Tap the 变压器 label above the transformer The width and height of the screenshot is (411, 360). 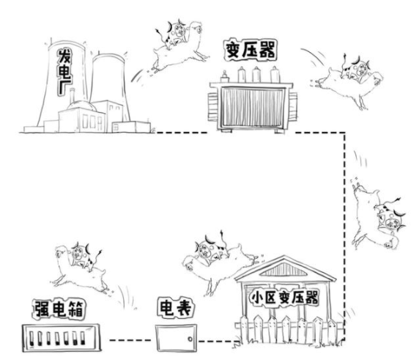click(251, 50)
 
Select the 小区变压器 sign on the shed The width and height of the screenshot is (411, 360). click(284, 298)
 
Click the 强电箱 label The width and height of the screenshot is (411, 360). click(59, 309)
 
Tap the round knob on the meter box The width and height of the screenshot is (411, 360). click(190, 339)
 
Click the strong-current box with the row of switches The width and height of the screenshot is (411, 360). click(62, 338)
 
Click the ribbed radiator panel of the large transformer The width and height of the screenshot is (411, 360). click(252, 106)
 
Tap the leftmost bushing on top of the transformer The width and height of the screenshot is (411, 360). click(224, 76)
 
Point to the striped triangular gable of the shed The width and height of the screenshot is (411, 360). click(283, 269)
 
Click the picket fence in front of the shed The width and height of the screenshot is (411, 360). click(289, 329)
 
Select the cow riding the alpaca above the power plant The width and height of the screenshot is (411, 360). click(175, 34)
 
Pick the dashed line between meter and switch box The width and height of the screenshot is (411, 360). click(130, 340)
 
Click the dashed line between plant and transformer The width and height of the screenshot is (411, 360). click(182, 133)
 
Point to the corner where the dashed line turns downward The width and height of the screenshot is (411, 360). click(344, 133)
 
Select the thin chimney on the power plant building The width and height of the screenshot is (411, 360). click(72, 95)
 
